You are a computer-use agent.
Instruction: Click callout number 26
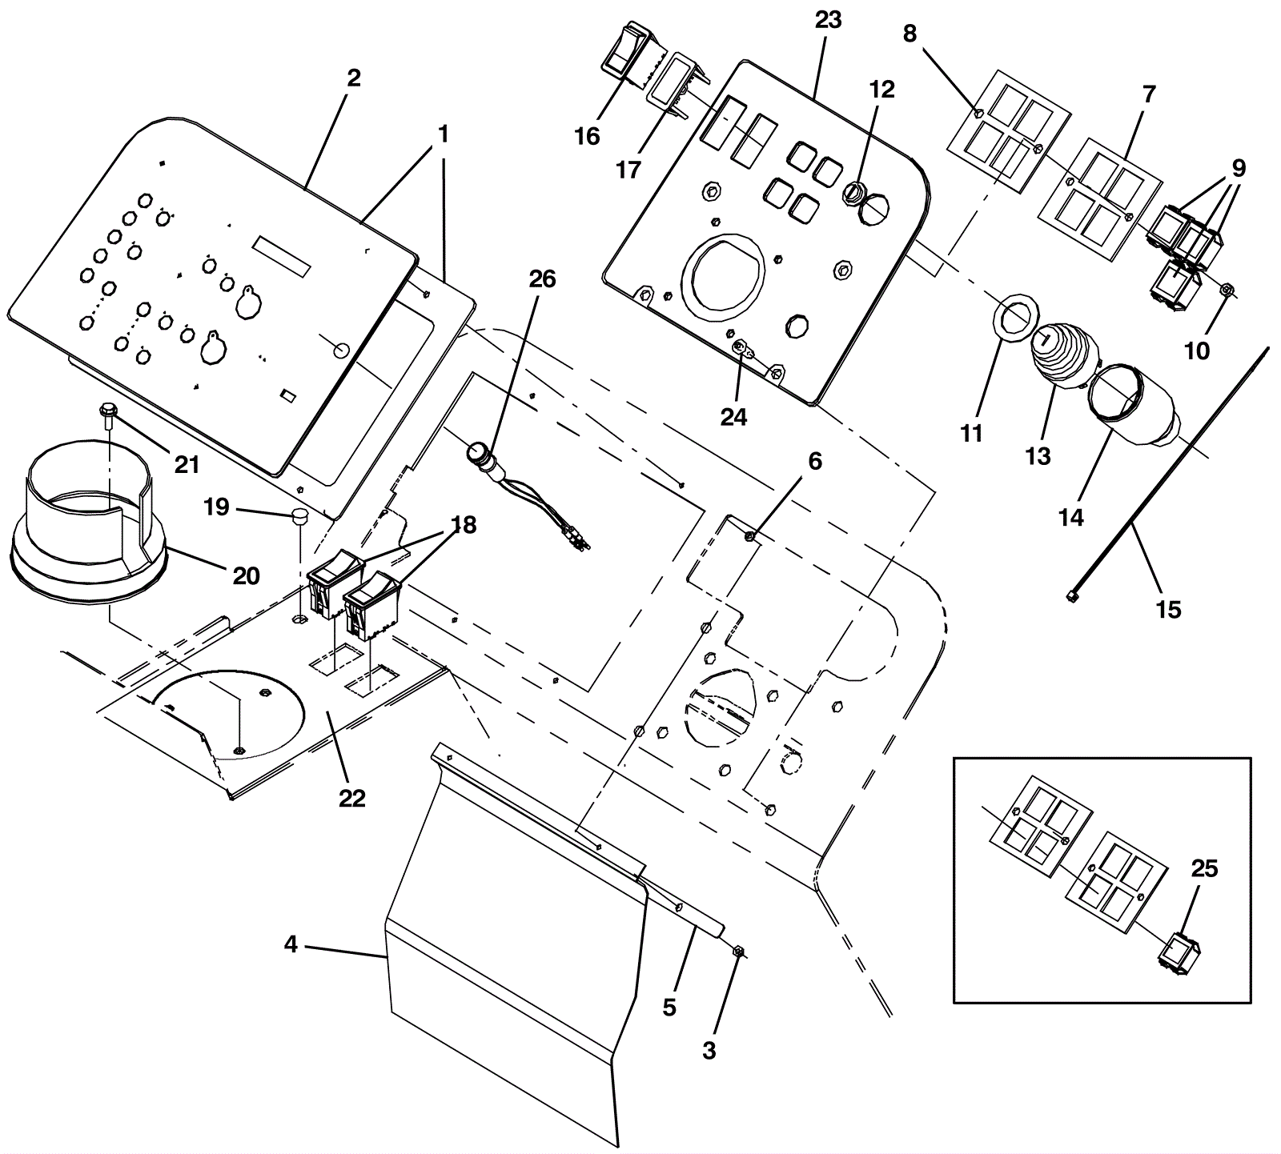[542, 279]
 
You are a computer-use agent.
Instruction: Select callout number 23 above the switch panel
[828, 20]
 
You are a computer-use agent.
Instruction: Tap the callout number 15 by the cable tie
[1169, 610]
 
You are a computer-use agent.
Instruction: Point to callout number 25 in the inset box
[1204, 869]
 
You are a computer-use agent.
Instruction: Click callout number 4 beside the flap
[291, 944]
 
